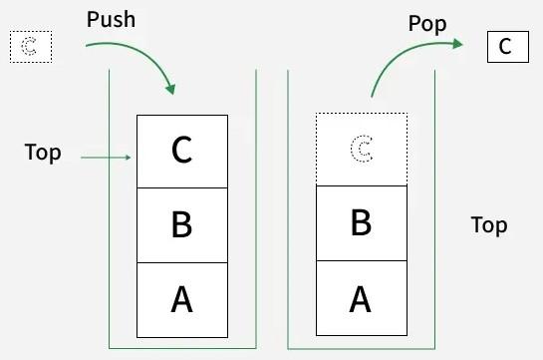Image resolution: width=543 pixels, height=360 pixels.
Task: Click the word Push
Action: pyautogui.click(x=113, y=20)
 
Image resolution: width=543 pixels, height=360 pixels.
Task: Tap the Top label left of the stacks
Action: pyautogui.click(x=43, y=153)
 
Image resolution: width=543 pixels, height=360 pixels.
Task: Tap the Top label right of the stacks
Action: pyautogui.click(x=489, y=225)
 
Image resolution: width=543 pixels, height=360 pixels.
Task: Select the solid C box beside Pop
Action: pyautogui.click(x=507, y=47)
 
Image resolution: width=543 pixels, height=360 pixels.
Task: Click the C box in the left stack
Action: pyautogui.click(x=181, y=151)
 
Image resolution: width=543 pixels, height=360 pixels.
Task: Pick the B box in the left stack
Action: pyautogui.click(x=181, y=224)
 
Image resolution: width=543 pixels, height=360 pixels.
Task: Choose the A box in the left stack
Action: pyautogui.click(x=181, y=299)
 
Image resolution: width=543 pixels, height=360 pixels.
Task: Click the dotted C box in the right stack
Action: pyautogui.click(x=361, y=150)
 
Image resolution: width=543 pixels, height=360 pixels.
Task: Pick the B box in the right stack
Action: pyautogui.click(x=361, y=222)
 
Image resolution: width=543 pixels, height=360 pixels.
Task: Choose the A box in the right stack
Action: pyautogui.click(x=361, y=298)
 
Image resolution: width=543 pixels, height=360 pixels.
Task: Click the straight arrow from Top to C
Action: pyautogui.click(x=105, y=157)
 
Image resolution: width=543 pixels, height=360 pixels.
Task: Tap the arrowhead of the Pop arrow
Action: pyautogui.click(x=457, y=43)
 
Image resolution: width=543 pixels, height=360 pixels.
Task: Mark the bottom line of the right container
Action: pyautogui.click(x=361, y=348)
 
